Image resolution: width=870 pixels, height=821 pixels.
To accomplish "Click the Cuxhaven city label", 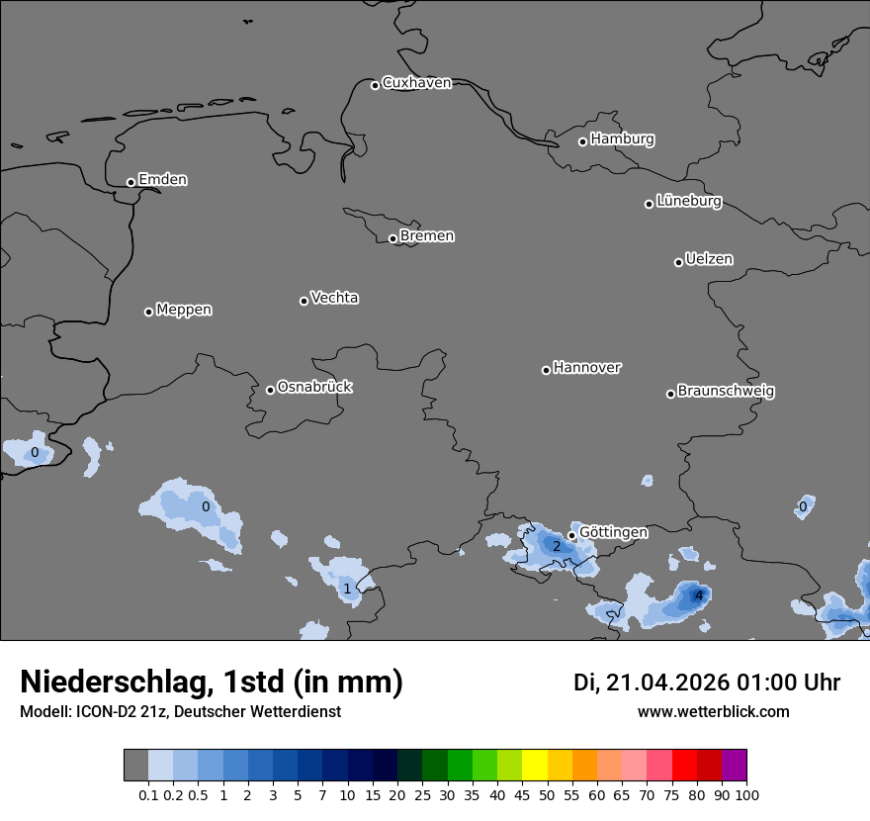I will pos(416,83).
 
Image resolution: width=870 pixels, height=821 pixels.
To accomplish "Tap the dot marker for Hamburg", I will pos(582,141).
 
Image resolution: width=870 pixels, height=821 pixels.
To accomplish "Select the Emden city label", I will pos(162,180).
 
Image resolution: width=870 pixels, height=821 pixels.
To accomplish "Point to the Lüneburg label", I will pos(689,202).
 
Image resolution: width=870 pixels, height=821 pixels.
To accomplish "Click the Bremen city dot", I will pos(392,238).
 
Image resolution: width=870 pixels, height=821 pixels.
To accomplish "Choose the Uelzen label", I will pos(709,260).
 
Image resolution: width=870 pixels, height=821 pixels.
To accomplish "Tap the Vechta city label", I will pos(334,298).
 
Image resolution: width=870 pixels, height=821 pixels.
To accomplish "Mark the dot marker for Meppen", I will pos(148,312).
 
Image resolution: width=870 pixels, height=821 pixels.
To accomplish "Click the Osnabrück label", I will pos(314,387).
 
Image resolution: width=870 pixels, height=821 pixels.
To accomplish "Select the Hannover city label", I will pos(586,368).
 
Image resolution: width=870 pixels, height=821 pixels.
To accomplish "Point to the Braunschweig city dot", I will pos(670,394).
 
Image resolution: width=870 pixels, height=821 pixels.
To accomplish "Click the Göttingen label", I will pos(613,532).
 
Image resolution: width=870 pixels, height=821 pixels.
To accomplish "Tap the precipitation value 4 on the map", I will pos(699,595).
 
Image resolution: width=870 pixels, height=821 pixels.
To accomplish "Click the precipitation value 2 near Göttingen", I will pos(557,546).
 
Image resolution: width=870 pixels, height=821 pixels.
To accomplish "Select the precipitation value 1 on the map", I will pos(347,589).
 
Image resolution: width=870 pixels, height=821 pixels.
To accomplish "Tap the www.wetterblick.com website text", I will pos(713,711).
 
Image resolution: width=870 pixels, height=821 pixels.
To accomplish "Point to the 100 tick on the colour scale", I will pos(746,794).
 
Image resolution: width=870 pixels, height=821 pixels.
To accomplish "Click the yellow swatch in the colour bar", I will pos(535,765).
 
